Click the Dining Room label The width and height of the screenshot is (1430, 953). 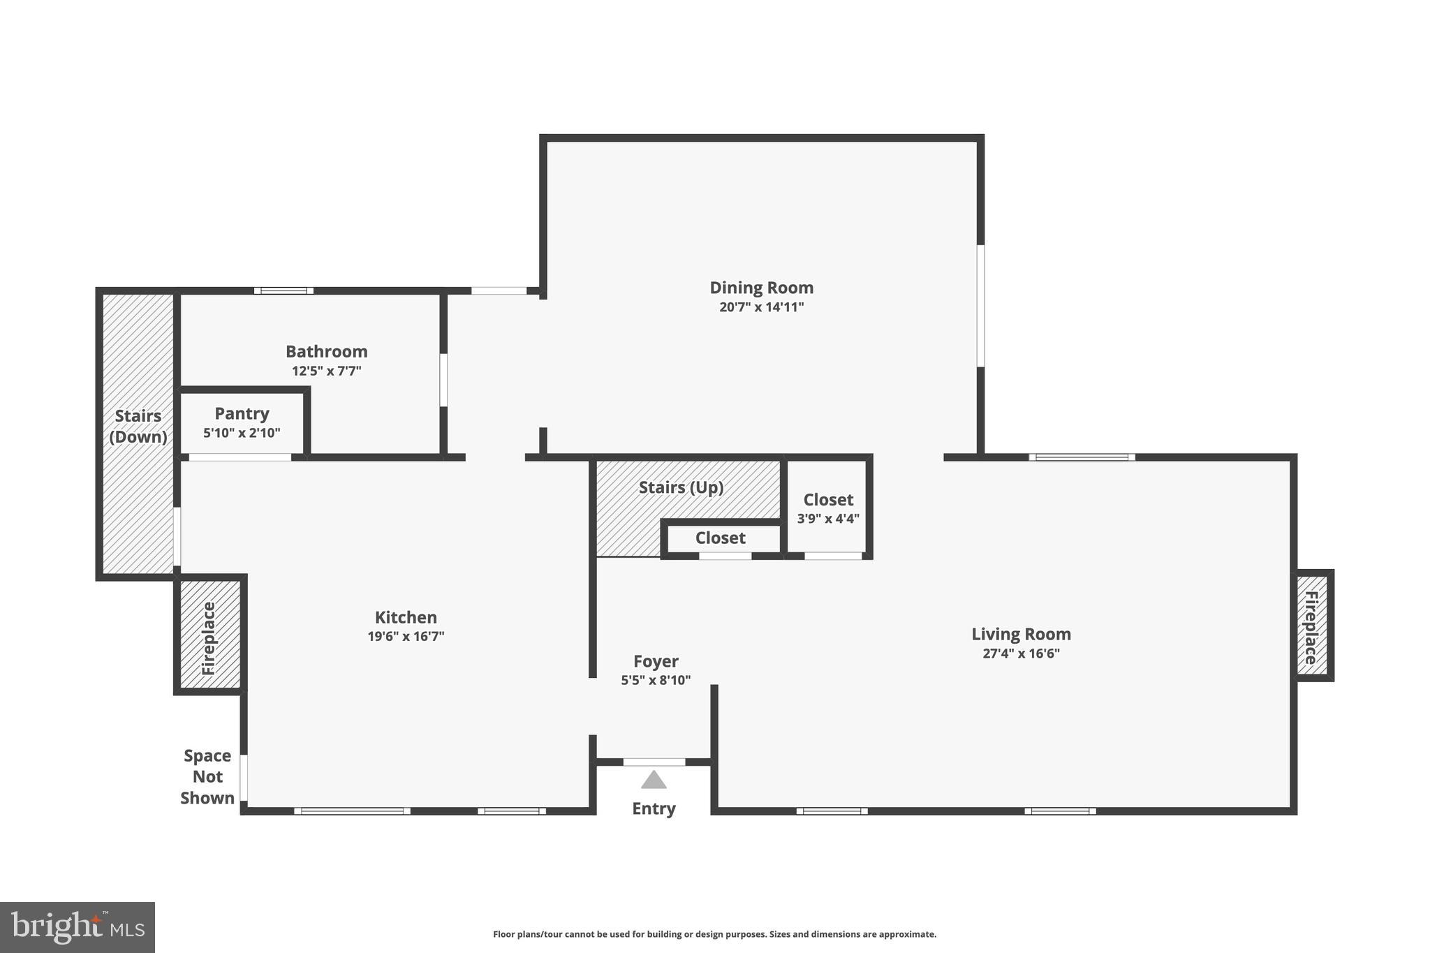tap(761, 288)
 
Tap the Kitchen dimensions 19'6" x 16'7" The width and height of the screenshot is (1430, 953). tap(406, 636)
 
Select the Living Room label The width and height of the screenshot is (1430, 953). tap(1021, 634)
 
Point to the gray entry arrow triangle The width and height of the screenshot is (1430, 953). tap(654, 780)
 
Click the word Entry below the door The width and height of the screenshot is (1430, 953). tap(654, 808)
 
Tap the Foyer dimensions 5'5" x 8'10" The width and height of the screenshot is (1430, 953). tap(656, 680)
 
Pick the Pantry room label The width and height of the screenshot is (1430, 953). tap(242, 413)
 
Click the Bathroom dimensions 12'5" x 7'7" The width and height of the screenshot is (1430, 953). tap(326, 371)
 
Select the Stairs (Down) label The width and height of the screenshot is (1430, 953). tap(138, 426)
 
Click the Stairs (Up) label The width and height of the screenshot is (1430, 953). tap(681, 487)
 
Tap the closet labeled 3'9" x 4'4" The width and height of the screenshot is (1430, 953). tap(828, 508)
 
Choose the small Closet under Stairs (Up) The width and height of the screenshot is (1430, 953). tap(721, 538)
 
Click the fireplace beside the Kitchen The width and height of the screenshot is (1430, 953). tap(209, 637)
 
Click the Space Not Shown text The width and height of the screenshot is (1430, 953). tap(207, 776)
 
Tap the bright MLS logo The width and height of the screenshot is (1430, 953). tap(78, 927)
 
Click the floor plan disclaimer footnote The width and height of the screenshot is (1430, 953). tap(714, 934)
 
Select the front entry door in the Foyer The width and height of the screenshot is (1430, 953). tap(654, 762)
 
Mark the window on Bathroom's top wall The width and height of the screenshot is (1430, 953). tap(283, 290)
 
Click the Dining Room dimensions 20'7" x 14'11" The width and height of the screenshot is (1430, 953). tap(761, 307)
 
